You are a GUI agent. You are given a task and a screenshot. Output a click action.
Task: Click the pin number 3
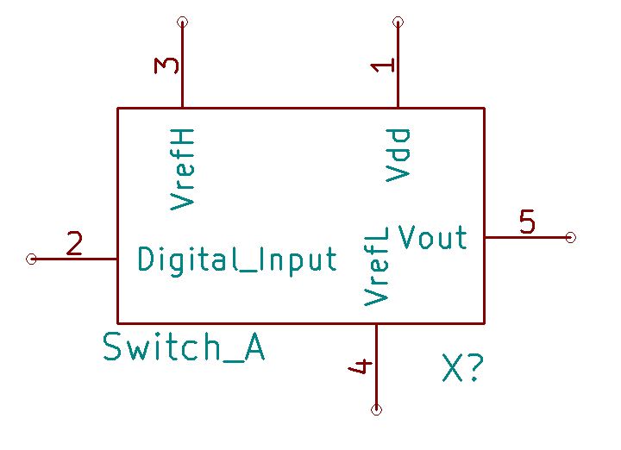point(166,66)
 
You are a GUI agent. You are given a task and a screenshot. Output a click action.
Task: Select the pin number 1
point(382,66)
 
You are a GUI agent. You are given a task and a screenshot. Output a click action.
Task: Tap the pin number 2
point(74,245)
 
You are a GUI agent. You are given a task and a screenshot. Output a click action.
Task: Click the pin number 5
point(527,222)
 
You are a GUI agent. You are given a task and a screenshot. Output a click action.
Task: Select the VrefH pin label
point(182,168)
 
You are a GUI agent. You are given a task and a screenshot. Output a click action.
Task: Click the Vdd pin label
point(398,154)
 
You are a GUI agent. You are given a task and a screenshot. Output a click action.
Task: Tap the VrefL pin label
point(376,266)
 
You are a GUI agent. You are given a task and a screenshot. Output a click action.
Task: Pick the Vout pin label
point(433,237)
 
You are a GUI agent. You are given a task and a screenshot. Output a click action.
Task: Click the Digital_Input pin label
point(237,259)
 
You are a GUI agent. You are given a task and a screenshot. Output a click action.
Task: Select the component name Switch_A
point(183,347)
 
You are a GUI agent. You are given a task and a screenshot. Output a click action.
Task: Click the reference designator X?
point(462,369)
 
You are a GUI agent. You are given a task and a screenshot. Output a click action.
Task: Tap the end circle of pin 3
point(182,22)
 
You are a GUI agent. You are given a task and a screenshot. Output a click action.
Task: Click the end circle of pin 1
point(398,22)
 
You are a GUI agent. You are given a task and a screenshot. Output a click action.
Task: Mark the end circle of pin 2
point(31,259)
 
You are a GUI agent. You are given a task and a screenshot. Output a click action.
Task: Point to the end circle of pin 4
point(376,409)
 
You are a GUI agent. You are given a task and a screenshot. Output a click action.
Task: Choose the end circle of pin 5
point(570,237)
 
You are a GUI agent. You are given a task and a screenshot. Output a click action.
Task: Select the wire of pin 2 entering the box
point(78,259)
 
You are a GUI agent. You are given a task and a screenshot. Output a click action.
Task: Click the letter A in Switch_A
point(252,347)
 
